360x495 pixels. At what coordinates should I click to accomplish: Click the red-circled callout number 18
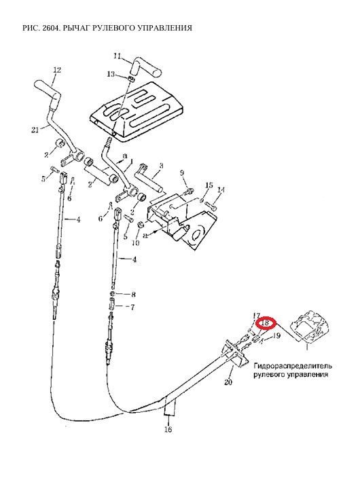(x=266, y=323)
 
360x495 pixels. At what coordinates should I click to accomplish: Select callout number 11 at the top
(x=117, y=56)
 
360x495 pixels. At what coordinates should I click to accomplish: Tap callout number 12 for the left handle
(x=57, y=70)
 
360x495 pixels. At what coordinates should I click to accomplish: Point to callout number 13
(x=111, y=74)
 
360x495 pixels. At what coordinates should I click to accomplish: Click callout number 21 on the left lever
(x=35, y=129)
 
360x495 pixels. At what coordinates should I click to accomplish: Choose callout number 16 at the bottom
(x=168, y=429)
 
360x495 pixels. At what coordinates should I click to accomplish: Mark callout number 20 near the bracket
(x=228, y=382)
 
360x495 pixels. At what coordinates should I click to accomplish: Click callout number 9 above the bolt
(x=182, y=172)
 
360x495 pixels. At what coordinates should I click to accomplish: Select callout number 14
(x=221, y=189)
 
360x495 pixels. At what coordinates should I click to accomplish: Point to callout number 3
(x=161, y=166)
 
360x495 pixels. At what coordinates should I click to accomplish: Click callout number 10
(x=135, y=243)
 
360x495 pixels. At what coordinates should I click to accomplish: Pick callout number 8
(x=133, y=295)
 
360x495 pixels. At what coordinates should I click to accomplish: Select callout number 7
(x=132, y=307)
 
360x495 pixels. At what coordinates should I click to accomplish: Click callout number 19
(x=276, y=335)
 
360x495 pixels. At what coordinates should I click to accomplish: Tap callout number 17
(x=256, y=315)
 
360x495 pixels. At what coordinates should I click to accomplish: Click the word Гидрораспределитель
(x=293, y=366)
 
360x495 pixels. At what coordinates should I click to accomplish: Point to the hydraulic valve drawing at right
(x=310, y=327)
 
